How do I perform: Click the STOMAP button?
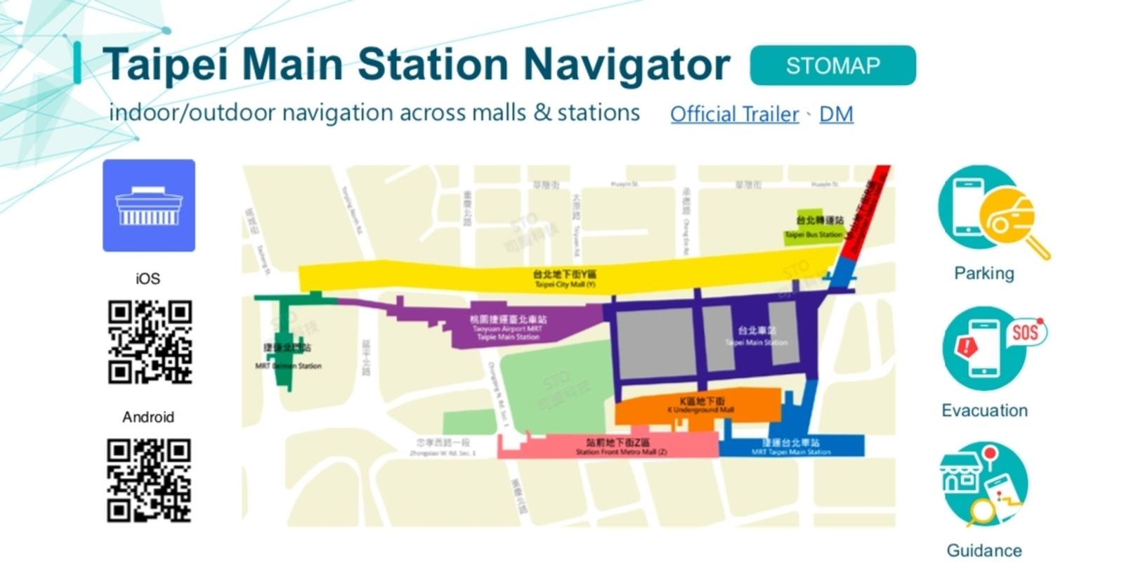[x=832, y=65]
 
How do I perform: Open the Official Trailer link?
[x=734, y=114]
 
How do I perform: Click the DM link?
[x=836, y=114]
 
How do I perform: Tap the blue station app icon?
[x=149, y=205]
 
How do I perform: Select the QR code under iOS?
[x=150, y=342]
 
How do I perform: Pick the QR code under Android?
[x=149, y=481]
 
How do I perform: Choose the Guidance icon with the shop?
[x=983, y=485]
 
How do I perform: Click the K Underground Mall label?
[x=700, y=405]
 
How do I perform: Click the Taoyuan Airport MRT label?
[x=507, y=328]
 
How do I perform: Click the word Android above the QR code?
[x=148, y=417]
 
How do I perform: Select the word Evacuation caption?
[x=984, y=410]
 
